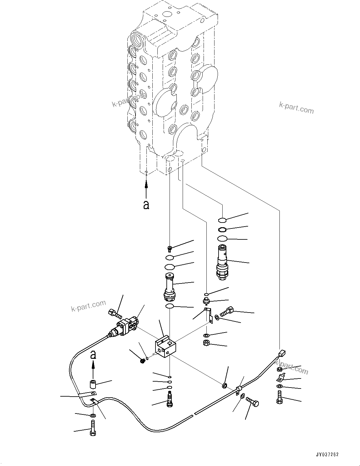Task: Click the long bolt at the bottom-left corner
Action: pyautogui.click(x=93, y=428)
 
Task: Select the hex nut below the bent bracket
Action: pyautogui.click(x=206, y=343)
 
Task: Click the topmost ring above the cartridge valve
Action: pyautogui.click(x=222, y=220)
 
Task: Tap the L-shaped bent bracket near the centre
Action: pyautogui.click(x=208, y=315)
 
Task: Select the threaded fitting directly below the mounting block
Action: pyautogui.click(x=170, y=400)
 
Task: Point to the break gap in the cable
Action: pyautogui.click(x=194, y=414)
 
